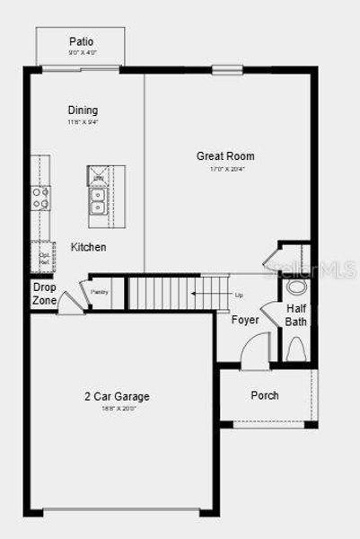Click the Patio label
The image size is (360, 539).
point(81,41)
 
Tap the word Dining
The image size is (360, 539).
point(82,110)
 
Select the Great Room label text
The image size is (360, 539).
point(220,155)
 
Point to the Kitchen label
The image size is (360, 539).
point(89,247)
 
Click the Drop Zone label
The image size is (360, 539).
point(44,294)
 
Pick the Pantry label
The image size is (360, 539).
point(99,290)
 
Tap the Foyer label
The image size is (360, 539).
point(245,320)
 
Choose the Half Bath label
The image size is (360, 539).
point(296,314)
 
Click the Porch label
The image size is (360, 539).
point(264,395)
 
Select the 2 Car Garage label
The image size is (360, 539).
point(119,396)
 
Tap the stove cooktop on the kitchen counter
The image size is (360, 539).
point(40,198)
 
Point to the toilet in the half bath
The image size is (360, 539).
point(295,348)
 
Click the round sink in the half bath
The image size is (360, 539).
point(297,287)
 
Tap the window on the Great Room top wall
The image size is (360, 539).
point(226,69)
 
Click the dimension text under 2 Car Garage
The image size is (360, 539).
point(119,408)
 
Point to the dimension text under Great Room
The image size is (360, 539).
point(220,168)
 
